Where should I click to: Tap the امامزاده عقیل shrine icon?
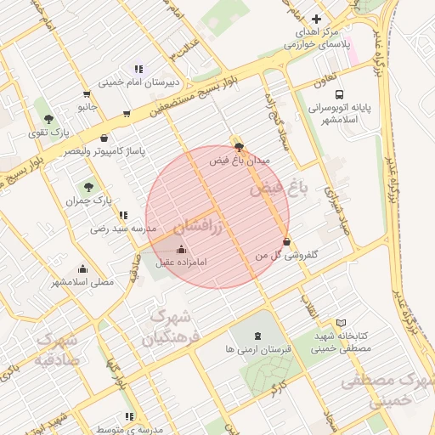click(x=180, y=249)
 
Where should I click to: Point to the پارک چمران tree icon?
click(x=88, y=187)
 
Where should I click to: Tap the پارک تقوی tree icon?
click(x=48, y=119)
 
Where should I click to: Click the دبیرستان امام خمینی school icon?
click(x=138, y=69)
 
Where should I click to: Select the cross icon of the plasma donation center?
click(x=316, y=19)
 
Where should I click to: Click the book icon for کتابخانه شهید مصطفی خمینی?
click(x=341, y=324)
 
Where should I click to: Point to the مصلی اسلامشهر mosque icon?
click(x=82, y=268)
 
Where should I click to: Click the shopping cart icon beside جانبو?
click(x=87, y=94)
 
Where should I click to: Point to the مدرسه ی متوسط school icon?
click(x=129, y=416)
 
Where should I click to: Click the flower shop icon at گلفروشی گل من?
click(x=285, y=241)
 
